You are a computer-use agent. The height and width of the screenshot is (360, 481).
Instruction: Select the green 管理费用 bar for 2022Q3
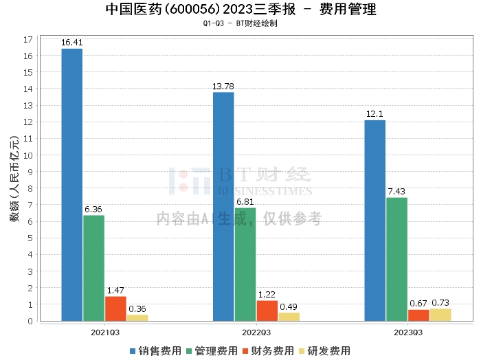click(245, 264)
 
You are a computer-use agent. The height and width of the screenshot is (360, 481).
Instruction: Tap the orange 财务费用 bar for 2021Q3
click(115, 308)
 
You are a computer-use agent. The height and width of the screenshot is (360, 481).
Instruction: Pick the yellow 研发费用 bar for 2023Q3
click(440, 315)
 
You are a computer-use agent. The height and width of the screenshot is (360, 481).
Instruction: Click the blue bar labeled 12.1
click(374, 220)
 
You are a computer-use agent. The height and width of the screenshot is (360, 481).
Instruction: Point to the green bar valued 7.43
click(396, 259)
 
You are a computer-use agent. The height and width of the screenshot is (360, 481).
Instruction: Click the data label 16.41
click(72, 43)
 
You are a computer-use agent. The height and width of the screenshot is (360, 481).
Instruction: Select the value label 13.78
click(223, 86)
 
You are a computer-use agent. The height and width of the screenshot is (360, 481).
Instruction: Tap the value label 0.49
click(289, 306)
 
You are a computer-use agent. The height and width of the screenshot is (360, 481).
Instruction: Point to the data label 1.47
click(115, 291)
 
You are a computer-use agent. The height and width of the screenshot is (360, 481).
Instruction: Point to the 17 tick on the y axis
click(29, 39)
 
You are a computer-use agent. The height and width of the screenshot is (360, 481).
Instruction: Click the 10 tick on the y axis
click(29, 155)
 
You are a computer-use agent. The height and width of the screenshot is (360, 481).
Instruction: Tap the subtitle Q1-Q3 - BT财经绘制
click(240, 23)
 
